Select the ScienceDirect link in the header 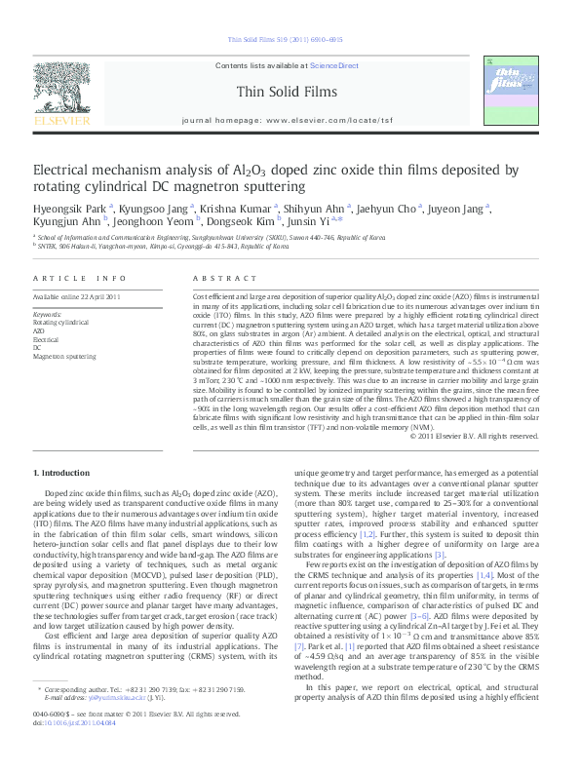click(334, 65)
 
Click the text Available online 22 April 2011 click(76, 295)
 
